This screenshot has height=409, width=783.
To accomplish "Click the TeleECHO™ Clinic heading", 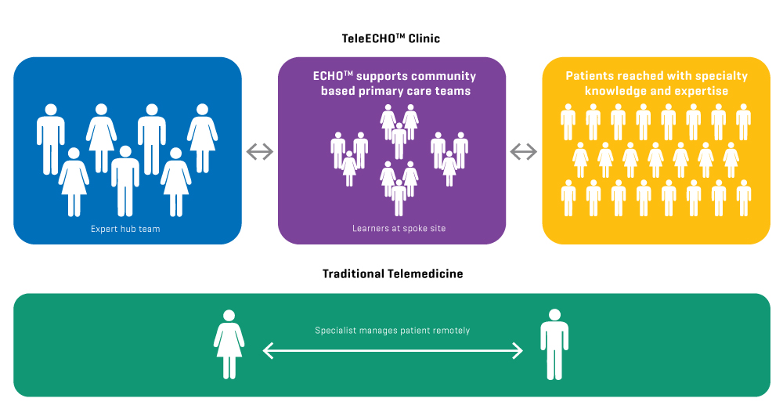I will [x=391, y=38].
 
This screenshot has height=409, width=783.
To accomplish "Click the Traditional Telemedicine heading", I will [x=392, y=273].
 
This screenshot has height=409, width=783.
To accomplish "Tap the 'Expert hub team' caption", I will [x=127, y=230].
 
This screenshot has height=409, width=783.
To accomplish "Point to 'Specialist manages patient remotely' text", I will [x=392, y=331].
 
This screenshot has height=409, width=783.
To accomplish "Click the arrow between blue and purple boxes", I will [x=260, y=151].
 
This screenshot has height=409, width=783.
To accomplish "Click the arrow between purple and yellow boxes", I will [x=524, y=151].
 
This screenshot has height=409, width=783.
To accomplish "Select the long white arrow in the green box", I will [x=392, y=351].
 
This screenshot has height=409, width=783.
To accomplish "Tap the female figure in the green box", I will [x=229, y=344].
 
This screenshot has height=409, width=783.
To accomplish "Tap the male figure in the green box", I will [x=554, y=344].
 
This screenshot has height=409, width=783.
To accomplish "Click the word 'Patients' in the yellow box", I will [x=592, y=76].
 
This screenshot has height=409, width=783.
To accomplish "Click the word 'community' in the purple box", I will [x=445, y=76].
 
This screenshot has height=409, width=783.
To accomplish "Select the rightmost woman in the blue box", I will [x=202, y=137].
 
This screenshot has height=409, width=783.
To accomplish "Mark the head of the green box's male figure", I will [x=554, y=315].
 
